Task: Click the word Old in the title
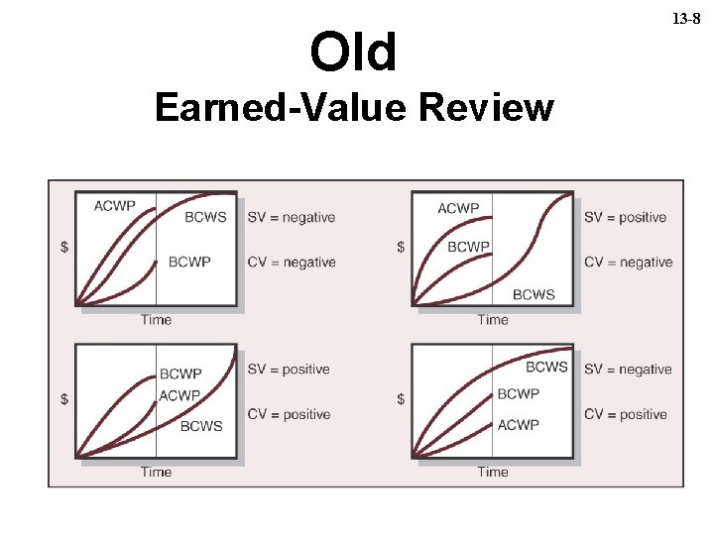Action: point(353,53)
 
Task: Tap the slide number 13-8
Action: point(686,19)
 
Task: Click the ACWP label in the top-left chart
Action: point(115,206)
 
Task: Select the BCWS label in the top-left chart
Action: point(205,217)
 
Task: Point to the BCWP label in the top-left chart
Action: point(189,262)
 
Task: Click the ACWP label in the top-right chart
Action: point(458,208)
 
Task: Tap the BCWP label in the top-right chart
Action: point(468,247)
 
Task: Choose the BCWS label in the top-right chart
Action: point(534,294)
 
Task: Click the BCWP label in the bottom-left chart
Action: point(180,374)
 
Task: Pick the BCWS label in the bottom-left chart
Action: point(201,425)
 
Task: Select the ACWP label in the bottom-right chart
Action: point(518,424)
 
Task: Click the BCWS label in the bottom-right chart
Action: point(546,367)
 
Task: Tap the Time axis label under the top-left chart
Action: point(156,319)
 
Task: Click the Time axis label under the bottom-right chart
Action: point(493,472)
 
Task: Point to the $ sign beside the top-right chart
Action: point(401,247)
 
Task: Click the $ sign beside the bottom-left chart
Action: point(64,398)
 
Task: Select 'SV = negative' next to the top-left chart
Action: point(292,217)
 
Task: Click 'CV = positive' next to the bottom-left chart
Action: point(289,414)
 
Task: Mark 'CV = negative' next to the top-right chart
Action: point(628,262)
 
